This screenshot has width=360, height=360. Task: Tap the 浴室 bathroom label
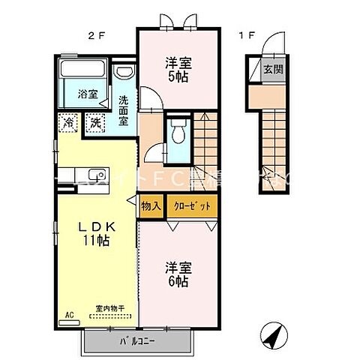pos(87,94)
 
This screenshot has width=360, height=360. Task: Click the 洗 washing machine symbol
pos(95,121)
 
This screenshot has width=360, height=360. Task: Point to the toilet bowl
pos(178,136)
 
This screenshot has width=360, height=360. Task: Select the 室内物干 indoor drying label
pos(110,308)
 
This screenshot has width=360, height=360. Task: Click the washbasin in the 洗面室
pos(124,73)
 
